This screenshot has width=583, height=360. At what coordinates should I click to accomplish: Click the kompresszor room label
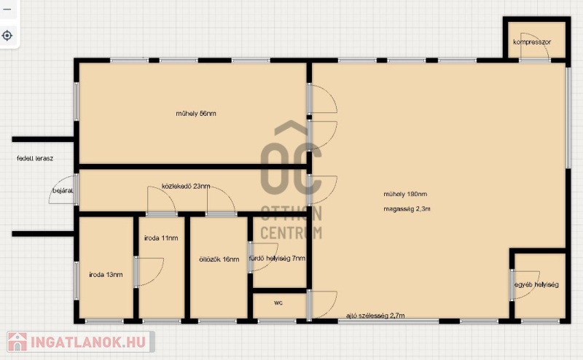pyautogui.click(x=532, y=42)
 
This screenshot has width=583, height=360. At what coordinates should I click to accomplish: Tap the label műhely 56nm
pyautogui.click(x=196, y=114)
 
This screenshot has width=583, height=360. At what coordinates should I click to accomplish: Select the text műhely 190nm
pyautogui.click(x=405, y=194)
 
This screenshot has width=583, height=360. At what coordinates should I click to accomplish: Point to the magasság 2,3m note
pyautogui.click(x=407, y=209)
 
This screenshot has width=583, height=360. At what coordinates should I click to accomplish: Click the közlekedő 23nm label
pyautogui.click(x=186, y=186)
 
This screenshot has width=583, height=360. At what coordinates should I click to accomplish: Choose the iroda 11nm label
pyautogui.click(x=161, y=238)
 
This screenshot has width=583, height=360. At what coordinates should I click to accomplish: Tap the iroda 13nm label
pyautogui.click(x=106, y=275)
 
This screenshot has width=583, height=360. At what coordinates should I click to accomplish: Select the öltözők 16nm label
pyautogui.click(x=219, y=259)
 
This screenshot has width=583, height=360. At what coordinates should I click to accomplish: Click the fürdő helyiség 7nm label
pyautogui.click(x=277, y=258)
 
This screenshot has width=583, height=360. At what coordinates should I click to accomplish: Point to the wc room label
pyautogui.click(x=278, y=302)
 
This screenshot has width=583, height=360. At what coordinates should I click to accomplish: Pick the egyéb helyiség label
pyautogui.click(x=536, y=284)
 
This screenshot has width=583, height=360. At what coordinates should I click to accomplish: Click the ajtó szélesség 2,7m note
pyautogui.click(x=375, y=316)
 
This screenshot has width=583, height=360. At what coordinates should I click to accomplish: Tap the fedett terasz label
pyautogui.click(x=35, y=158)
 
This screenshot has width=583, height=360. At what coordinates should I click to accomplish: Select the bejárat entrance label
pyautogui.click(x=63, y=191)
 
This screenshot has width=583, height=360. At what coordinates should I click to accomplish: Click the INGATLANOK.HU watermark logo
pyautogui.click(x=81, y=342)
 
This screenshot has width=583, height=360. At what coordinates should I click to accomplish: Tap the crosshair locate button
pyautogui.click(x=7, y=36)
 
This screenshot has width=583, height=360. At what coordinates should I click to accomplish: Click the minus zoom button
pyautogui.click(x=7, y=9)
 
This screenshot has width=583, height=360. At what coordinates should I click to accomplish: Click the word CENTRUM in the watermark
pyautogui.click(x=291, y=232)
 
